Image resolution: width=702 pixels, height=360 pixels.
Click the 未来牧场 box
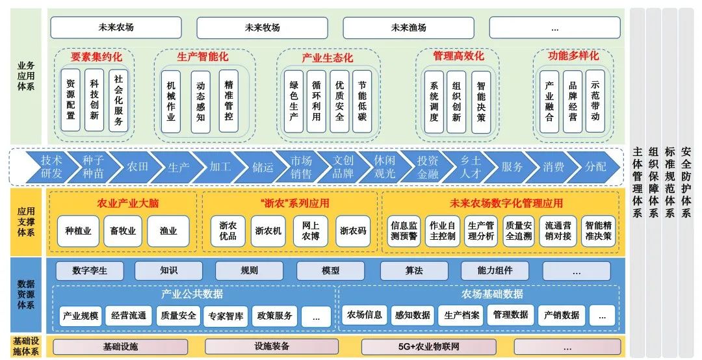(x=262, y=28)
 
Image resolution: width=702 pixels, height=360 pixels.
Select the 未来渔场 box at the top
(x=408, y=28)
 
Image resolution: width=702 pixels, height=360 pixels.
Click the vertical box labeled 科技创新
(x=94, y=101)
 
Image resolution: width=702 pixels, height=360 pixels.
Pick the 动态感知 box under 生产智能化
(x=200, y=101)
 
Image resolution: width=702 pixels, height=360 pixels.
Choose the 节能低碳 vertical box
(x=362, y=101)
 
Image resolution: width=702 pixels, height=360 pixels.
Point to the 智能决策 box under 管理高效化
(x=480, y=101)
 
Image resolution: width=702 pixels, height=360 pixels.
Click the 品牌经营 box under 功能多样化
(x=572, y=101)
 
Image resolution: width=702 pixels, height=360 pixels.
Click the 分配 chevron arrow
(x=594, y=167)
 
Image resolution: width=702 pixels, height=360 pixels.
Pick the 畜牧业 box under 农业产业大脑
(x=122, y=231)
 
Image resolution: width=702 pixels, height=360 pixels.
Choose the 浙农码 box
(x=353, y=231)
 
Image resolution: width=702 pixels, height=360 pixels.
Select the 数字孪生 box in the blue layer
(x=90, y=270)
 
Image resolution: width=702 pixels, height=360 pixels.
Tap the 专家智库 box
(x=226, y=316)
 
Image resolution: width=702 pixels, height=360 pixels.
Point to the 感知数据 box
(x=412, y=315)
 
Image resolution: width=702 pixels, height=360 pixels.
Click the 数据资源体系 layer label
(x=25, y=294)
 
